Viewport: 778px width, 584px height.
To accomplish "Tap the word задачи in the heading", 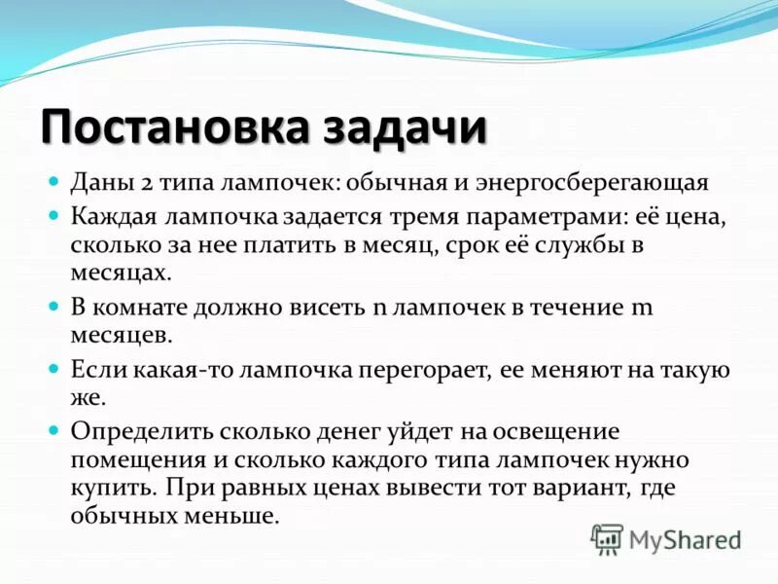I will [398, 129].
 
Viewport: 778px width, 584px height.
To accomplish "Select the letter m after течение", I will [642, 307].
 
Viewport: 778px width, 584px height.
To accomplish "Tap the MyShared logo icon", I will [607, 538].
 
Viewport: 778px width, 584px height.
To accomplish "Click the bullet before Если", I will [54, 370].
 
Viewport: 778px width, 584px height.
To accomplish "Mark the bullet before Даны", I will [54, 182].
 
